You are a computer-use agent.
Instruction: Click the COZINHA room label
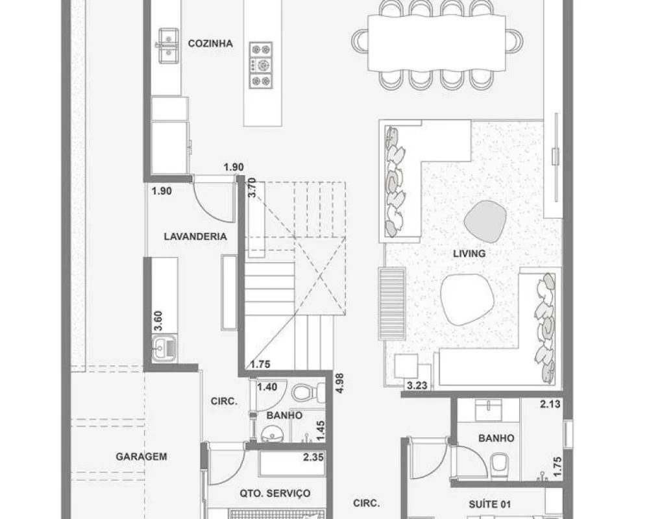210,43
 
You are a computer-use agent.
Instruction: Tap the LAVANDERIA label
195,237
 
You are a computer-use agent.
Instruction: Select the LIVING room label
469,253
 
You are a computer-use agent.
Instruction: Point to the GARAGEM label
141,457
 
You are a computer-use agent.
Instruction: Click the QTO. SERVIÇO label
275,493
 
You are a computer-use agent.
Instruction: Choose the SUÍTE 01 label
489,504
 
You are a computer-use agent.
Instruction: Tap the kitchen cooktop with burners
261,65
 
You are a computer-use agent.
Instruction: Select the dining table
437,43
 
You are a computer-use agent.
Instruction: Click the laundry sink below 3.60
164,348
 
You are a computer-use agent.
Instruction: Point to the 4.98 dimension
340,383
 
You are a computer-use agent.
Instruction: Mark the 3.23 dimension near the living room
417,386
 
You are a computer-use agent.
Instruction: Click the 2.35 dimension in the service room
313,457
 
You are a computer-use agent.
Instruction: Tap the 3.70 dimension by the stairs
252,187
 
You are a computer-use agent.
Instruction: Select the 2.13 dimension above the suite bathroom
550,404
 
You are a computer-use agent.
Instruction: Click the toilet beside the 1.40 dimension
308,392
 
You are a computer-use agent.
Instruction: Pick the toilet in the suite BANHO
500,466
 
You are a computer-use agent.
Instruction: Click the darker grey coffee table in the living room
485,221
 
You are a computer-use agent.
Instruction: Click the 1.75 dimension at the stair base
260,364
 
